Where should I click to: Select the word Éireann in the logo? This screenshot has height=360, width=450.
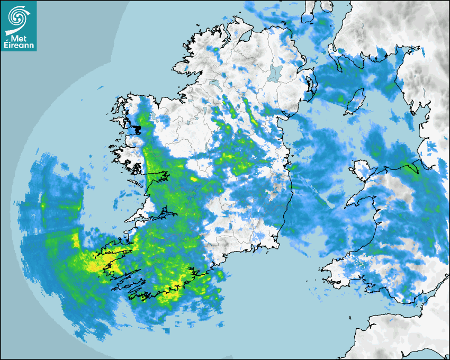click(x=19, y=46)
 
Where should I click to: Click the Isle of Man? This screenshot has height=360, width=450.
click(x=355, y=101)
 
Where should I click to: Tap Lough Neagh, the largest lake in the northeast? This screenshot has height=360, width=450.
click(x=275, y=73)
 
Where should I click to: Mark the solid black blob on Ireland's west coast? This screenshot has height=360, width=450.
click(x=137, y=129)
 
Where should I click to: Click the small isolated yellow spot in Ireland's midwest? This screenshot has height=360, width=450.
click(x=194, y=179)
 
